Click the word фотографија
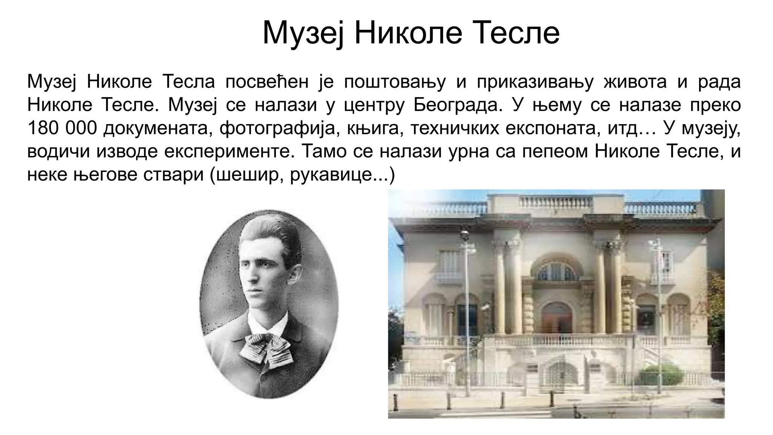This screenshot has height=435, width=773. pyautogui.click(x=277, y=128)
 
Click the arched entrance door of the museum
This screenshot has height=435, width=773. pyautogui.click(x=557, y=319)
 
